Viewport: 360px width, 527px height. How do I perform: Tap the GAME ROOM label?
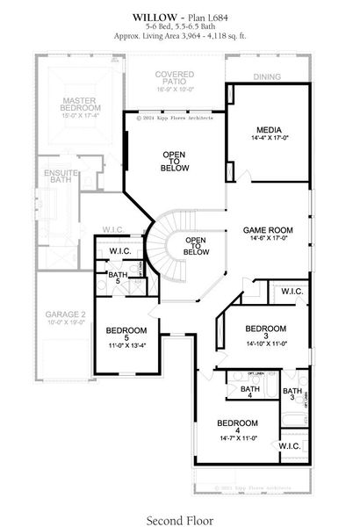[x=268, y=230]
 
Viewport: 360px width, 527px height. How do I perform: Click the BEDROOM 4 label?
[x=235, y=422]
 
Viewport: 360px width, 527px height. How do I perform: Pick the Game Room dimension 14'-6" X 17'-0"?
[x=268, y=239]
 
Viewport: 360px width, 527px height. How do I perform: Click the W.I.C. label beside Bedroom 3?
[x=292, y=291]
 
